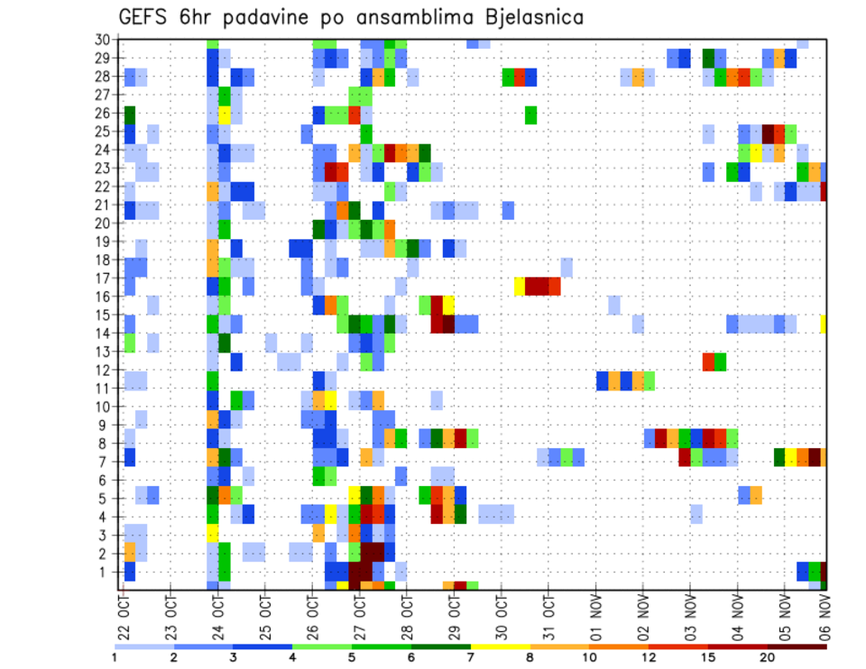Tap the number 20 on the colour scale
coord(768,656)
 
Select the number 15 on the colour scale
coord(708,656)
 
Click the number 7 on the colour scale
coord(471,656)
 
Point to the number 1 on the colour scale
coord(115,656)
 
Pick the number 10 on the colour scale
coord(589,656)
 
